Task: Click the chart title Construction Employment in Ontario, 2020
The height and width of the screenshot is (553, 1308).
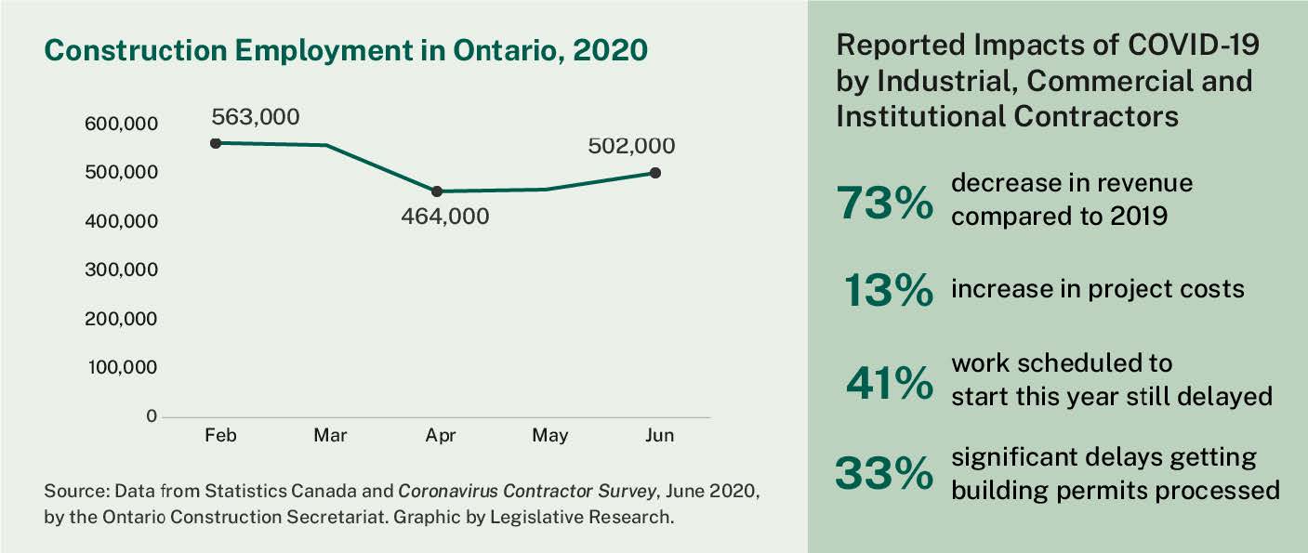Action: click(345, 50)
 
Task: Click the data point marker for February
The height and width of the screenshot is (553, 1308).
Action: click(216, 143)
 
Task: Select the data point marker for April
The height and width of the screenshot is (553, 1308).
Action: click(437, 191)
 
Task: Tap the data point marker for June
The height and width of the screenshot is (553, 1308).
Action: click(655, 173)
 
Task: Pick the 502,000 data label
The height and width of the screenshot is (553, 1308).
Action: click(631, 146)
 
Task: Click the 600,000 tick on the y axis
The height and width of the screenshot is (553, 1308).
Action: click(123, 124)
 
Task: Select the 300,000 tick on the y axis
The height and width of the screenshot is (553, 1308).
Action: click(123, 270)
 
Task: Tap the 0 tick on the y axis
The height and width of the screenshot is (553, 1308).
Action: click(151, 416)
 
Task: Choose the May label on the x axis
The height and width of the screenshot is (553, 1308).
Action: click(549, 436)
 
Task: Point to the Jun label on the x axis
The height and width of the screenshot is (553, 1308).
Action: click(660, 436)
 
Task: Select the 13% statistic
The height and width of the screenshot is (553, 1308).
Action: click(889, 292)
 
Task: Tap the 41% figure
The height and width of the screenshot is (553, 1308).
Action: click(889, 382)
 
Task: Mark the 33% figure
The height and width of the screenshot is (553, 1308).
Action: click(883, 473)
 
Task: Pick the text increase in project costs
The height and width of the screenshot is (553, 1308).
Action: click(1097, 289)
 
